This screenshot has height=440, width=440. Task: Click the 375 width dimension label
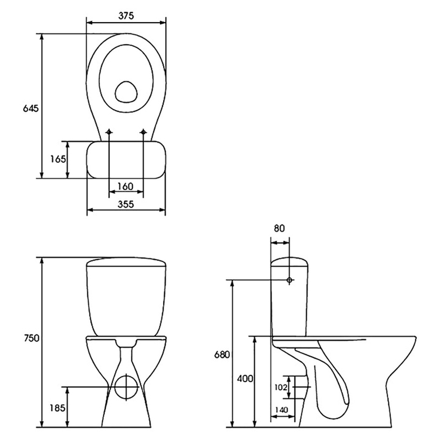click(126, 16)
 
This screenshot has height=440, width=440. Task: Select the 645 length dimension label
click(31, 108)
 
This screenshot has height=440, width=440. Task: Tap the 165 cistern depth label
click(58, 159)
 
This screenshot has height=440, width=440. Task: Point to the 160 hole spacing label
click(125, 186)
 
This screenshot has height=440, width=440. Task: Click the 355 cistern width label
click(126, 204)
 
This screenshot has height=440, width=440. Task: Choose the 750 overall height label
click(31, 338)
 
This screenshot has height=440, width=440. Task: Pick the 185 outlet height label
click(58, 408)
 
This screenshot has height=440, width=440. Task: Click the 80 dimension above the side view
click(279, 228)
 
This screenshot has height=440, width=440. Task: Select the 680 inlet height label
click(222, 355)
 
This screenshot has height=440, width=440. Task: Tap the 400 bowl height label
click(245, 378)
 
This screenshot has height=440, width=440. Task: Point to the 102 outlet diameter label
click(281, 388)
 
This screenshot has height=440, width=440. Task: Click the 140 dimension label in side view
click(281, 410)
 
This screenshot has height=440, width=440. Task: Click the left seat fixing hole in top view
click(109, 132)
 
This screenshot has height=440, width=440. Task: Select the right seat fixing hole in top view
click(144, 132)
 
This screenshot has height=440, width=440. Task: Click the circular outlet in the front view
click(126, 387)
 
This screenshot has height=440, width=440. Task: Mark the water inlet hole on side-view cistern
click(289, 280)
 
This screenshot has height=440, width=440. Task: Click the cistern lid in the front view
click(126, 262)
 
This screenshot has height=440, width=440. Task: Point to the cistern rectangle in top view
click(126, 160)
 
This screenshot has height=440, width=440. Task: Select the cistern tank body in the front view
click(126, 301)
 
